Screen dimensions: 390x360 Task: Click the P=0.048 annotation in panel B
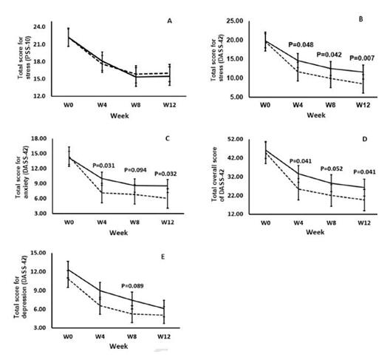[x=301, y=44]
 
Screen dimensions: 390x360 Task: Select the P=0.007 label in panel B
[x=362, y=58]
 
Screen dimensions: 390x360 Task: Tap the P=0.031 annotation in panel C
[x=103, y=166]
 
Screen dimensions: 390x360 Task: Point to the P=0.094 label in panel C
[x=135, y=170]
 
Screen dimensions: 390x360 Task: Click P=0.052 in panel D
[x=332, y=169]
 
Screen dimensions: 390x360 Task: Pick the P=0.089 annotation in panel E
[x=132, y=286]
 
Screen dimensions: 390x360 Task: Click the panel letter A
[x=169, y=21]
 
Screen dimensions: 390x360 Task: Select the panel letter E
[x=163, y=257]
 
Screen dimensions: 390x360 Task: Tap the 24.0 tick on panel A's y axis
[x=40, y=27]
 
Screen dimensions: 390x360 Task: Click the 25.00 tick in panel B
[x=235, y=21]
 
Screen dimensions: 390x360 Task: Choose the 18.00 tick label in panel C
[x=38, y=138]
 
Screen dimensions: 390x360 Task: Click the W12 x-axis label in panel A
[x=169, y=105]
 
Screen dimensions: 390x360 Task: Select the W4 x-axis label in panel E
[x=100, y=336]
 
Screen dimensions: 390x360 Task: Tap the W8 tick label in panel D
[x=331, y=223]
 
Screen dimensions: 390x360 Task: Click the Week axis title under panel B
[x=316, y=115]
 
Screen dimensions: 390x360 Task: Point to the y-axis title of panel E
[x=20, y=291]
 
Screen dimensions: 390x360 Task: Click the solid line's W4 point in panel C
[x=102, y=178]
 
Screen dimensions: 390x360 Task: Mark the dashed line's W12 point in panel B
[x=363, y=84]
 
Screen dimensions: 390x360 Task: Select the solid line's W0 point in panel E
[x=68, y=270]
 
